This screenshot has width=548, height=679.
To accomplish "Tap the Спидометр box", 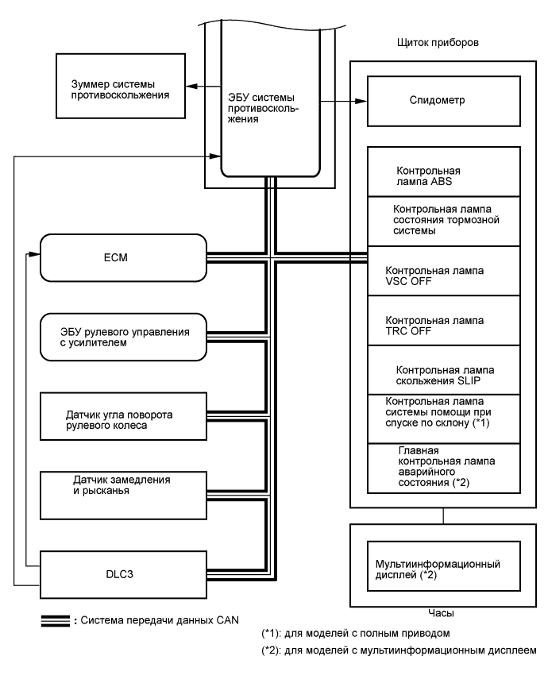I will (443, 102).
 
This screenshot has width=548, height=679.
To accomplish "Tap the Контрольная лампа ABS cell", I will (443, 176).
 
